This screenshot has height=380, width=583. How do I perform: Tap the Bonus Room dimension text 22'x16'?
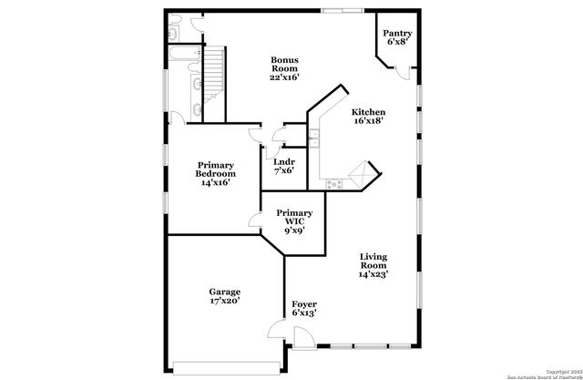pyautogui.click(x=283, y=77)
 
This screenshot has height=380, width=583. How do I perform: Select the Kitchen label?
pyautogui.click(x=369, y=110)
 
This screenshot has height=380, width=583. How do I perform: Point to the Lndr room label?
pyautogui.click(x=283, y=161)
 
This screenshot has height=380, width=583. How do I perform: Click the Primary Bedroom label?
pyautogui.click(x=216, y=173)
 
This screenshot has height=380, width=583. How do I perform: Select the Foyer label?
pyautogui.click(x=303, y=303)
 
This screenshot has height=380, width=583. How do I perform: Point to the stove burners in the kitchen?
pyautogui.click(x=333, y=182)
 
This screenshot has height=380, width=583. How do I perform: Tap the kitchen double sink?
pyautogui.click(x=313, y=138)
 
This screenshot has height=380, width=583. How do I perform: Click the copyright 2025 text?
pyautogui.click(x=547, y=370)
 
